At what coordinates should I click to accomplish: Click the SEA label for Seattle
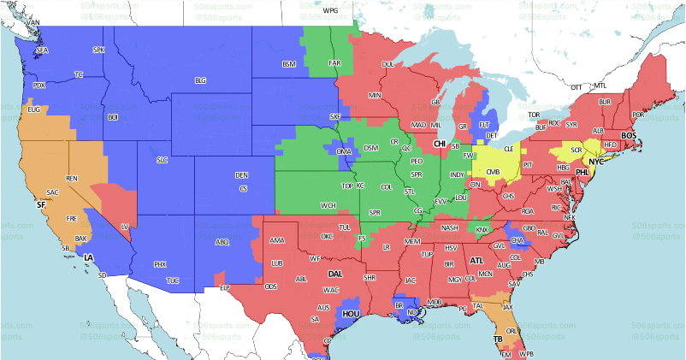[41, 51]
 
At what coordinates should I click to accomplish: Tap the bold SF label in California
[40, 205]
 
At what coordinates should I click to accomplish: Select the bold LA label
[87, 257]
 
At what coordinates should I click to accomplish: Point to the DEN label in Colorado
[242, 175]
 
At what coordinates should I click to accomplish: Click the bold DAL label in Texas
[335, 274]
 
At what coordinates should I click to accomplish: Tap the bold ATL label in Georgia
[476, 260]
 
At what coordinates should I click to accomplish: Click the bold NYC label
[596, 161]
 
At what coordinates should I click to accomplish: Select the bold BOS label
[629, 136]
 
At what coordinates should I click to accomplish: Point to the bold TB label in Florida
[497, 339]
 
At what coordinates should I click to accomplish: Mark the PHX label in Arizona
[159, 264]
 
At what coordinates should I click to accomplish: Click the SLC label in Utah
[162, 160]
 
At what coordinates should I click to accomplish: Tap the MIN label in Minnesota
[374, 95]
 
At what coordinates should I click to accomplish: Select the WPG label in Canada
[330, 10]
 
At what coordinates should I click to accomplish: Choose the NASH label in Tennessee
[450, 227]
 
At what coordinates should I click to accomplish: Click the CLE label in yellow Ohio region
[508, 148]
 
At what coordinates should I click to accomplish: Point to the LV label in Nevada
[124, 227]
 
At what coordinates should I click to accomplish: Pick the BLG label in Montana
[201, 80]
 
